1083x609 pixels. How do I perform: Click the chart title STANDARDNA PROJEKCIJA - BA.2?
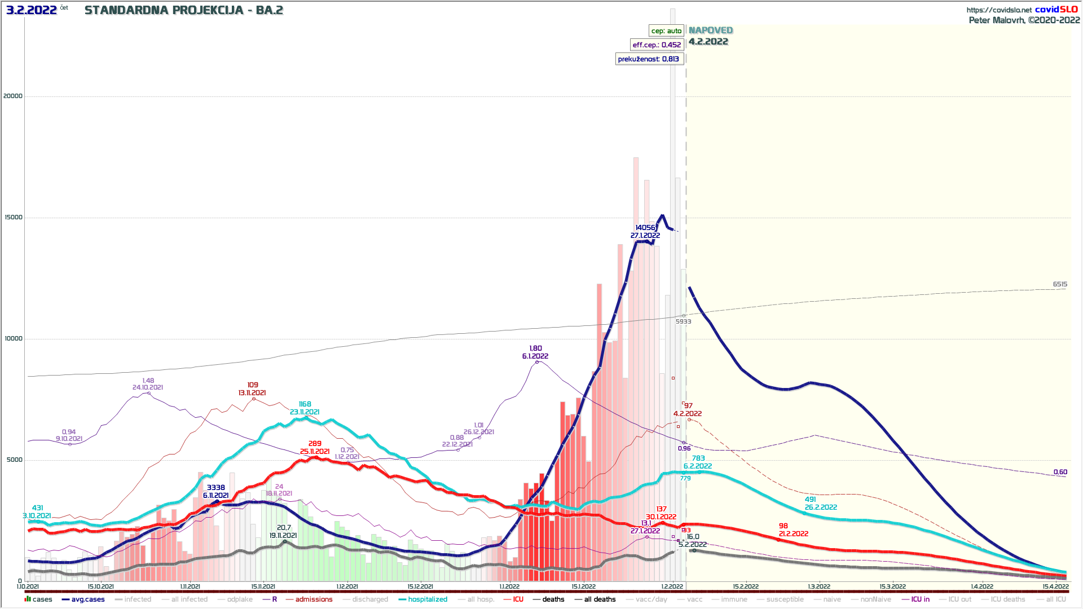pos(183,10)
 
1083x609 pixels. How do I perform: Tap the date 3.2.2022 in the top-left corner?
pos(32,10)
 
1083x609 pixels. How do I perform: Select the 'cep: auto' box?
pos(666,31)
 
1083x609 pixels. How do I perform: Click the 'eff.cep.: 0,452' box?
pos(657,45)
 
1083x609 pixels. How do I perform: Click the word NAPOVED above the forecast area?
pos(711,30)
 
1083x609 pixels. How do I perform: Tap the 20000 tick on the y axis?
pos(13,96)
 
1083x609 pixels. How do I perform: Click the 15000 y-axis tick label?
pos(13,218)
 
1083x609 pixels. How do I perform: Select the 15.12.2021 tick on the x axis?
pos(420,587)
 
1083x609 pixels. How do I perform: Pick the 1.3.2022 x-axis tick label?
pos(819,587)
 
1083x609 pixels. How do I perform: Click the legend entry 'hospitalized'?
pos(428,599)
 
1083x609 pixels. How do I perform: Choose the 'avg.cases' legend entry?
pos(87,599)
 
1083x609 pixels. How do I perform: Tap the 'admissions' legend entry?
pos(314,599)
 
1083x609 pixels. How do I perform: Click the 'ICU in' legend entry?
pos(920,599)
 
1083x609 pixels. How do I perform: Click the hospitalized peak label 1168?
pos(305,404)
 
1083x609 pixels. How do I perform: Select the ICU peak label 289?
pos(315,444)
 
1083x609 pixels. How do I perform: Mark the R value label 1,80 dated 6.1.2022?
pos(535,348)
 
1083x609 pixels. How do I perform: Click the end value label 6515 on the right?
pos(1060,285)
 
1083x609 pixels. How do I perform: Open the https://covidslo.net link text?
pos(999,10)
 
